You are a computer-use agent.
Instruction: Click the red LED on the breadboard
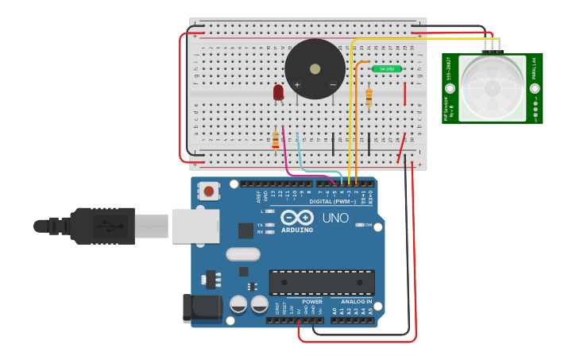[278, 92]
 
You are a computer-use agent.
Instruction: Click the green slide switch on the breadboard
[387, 69]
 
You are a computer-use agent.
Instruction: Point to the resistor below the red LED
[276, 140]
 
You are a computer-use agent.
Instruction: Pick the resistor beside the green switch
[369, 97]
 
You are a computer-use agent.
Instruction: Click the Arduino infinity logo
[296, 218]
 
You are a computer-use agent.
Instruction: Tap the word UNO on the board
[335, 217]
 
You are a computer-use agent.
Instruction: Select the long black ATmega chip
[322, 282]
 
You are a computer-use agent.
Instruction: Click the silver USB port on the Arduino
[194, 225]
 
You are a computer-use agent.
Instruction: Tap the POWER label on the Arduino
[312, 301]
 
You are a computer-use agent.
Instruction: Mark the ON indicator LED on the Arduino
[359, 225]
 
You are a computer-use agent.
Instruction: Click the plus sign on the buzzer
[297, 85]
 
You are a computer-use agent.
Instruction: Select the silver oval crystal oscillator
[242, 254]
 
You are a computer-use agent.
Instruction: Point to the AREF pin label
[258, 195]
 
